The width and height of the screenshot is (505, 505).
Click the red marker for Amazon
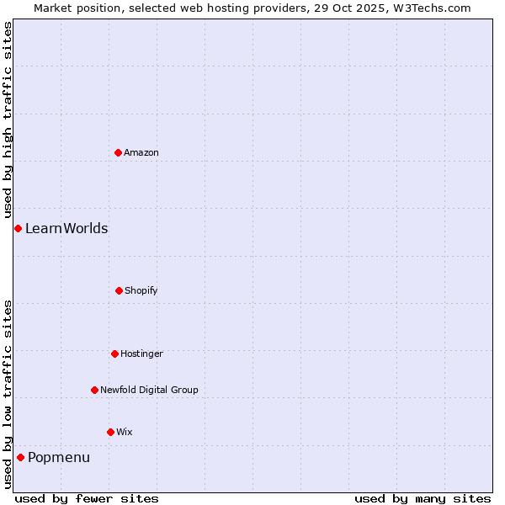pos(118,152)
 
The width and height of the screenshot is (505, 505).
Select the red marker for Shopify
pos(119,290)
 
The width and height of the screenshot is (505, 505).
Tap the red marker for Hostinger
pos(114,353)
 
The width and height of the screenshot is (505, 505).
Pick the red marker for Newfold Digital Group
pos(94,390)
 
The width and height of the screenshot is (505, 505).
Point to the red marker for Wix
pos(110,432)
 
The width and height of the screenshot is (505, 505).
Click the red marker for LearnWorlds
pos(18,228)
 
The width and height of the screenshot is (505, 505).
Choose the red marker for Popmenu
pos(20,457)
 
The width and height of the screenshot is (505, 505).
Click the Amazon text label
pos(141,152)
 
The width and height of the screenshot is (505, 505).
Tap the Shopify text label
pos(141,290)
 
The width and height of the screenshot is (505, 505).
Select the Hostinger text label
pos(141,353)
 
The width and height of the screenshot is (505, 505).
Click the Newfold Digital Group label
pos(149,390)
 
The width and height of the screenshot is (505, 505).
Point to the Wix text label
pos(125,432)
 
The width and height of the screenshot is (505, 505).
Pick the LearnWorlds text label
pos(66,228)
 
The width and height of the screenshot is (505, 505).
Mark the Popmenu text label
pos(59,457)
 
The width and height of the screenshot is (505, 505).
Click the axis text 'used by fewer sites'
pos(87,498)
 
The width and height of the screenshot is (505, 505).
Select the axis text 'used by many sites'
pos(423,498)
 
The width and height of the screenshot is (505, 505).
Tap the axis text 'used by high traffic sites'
pos(8,120)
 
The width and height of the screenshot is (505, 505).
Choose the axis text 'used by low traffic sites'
pos(8,394)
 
